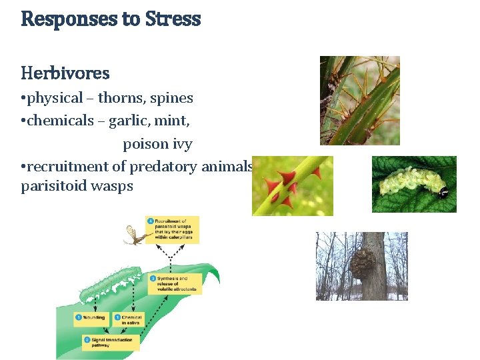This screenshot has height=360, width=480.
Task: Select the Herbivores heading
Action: pyautogui.click(x=65, y=72)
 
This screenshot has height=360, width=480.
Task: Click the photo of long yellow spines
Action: pyautogui.click(x=359, y=100)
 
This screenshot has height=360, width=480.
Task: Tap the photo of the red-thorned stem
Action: pyautogui.click(x=292, y=186)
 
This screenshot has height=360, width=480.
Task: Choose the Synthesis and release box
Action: pyautogui.click(x=175, y=283)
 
